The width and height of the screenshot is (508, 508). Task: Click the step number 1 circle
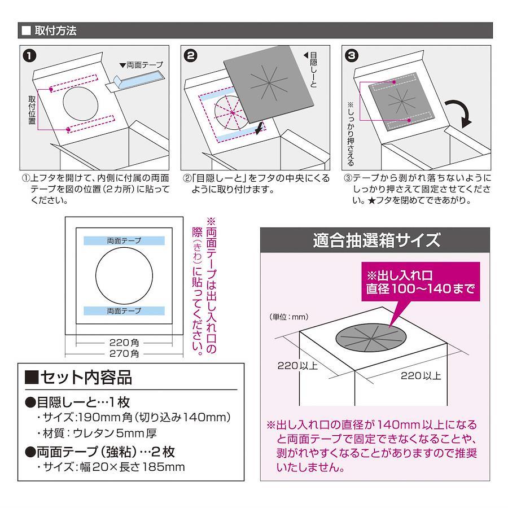point(29,55)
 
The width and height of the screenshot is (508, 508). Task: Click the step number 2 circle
point(191,55)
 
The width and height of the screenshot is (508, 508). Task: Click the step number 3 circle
point(352,55)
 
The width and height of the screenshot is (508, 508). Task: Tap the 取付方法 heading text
point(55,31)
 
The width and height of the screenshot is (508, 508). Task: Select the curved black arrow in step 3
point(459,113)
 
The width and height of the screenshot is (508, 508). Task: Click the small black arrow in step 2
point(260,128)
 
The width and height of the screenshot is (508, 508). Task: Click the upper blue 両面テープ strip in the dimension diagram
point(124,240)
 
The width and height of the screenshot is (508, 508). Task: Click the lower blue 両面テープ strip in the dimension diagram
point(124,310)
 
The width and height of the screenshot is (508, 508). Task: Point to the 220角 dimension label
point(124,343)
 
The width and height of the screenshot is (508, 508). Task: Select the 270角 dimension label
point(124,353)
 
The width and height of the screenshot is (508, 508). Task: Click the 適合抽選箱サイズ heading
point(376,240)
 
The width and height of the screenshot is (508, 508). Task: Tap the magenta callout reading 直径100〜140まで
point(421,282)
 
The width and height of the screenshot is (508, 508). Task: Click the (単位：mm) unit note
point(288,317)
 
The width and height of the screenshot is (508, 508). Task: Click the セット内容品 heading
point(78,378)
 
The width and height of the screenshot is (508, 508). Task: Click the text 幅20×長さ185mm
point(133,467)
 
